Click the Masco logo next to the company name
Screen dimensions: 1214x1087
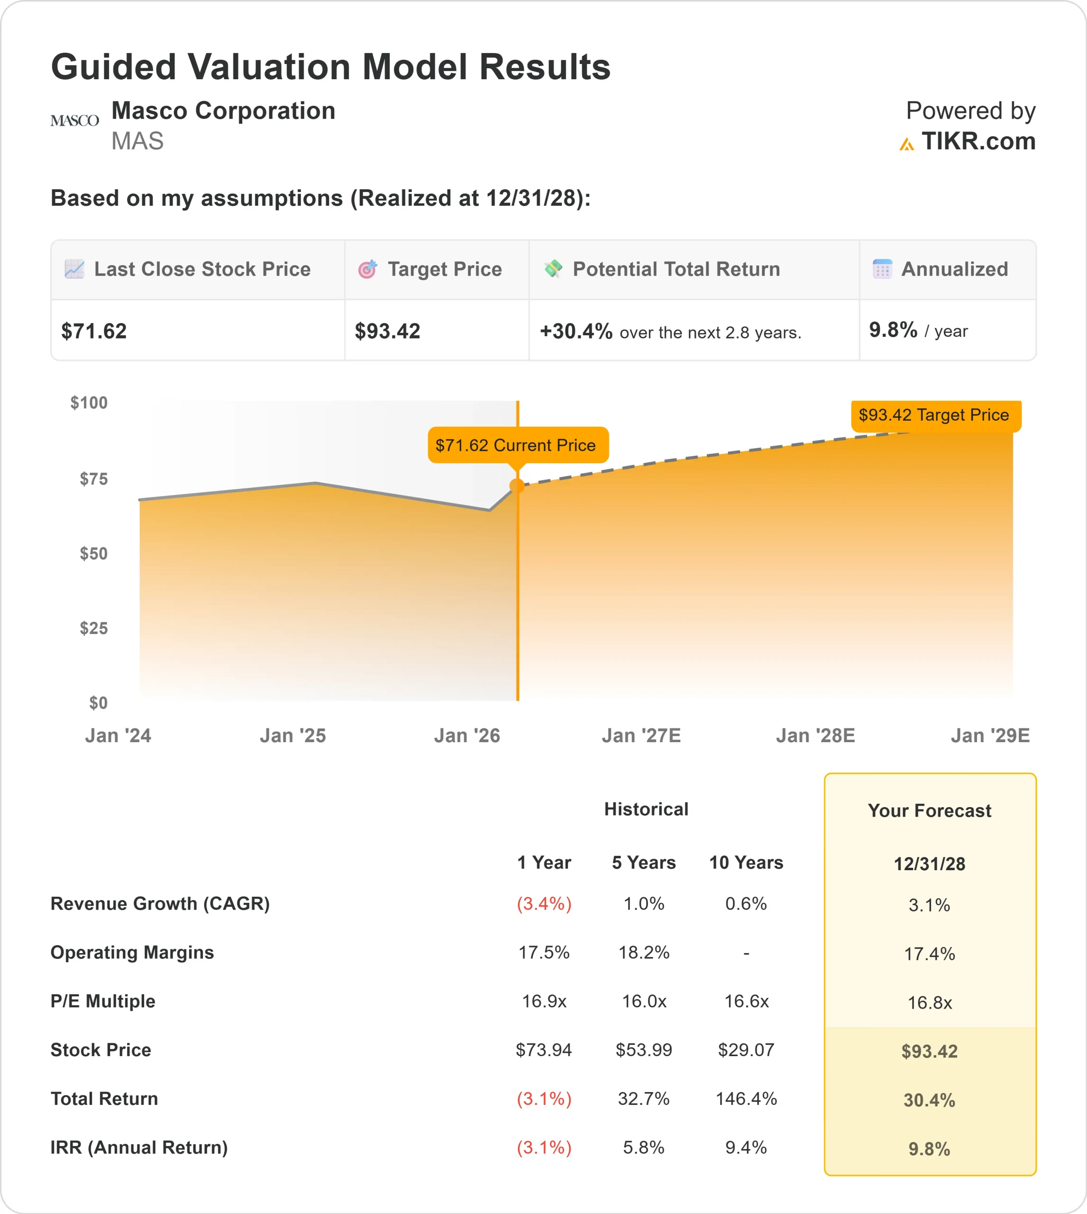pyautogui.click(x=74, y=120)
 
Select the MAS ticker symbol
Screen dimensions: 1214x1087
pyautogui.click(x=137, y=142)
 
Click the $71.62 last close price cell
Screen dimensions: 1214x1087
pyautogui.click(x=94, y=331)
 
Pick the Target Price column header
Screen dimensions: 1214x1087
pyautogui.click(x=444, y=269)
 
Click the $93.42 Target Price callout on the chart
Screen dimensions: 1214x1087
pyautogui.click(x=935, y=415)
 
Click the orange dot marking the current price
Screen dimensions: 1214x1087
pyautogui.click(x=517, y=487)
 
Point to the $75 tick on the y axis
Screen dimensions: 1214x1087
pyautogui.click(x=94, y=479)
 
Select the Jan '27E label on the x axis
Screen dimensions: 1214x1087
pyautogui.click(x=641, y=736)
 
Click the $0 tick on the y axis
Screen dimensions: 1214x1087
pyautogui.click(x=98, y=703)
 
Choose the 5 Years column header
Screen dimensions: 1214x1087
pyautogui.click(x=644, y=863)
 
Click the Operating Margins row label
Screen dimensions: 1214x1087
pyautogui.click(x=132, y=952)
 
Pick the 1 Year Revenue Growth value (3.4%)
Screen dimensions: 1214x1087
pyautogui.click(x=544, y=904)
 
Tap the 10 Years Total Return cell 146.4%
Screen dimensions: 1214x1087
pyautogui.click(x=746, y=1099)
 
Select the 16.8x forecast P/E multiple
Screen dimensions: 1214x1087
pyautogui.click(x=929, y=1002)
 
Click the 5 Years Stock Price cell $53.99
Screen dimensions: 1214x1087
pyautogui.click(x=644, y=1050)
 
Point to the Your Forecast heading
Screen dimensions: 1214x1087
pyautogui.click(x=929, y=811)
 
